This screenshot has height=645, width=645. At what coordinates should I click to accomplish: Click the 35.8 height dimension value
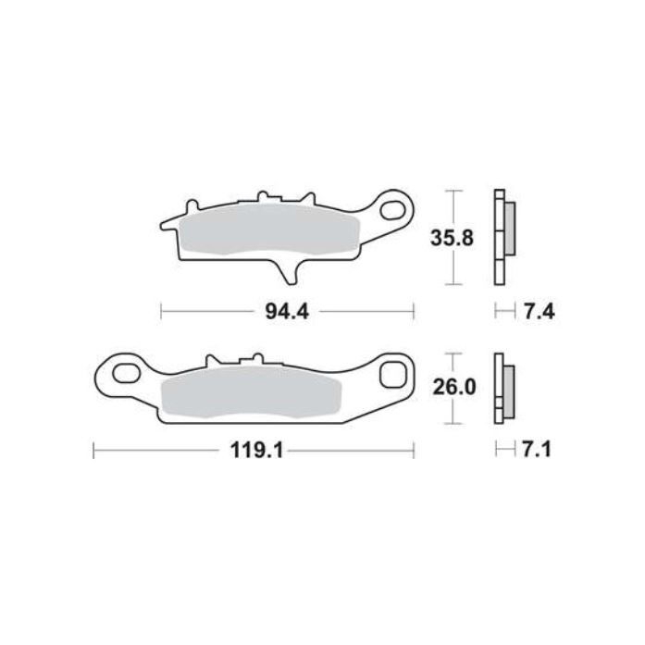click(453, 238)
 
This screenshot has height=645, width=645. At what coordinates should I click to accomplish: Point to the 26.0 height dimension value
click(455, 388)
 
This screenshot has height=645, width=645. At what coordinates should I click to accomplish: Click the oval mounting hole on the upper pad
click(397, 208)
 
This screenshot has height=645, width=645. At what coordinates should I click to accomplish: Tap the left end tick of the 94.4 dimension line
click(162, 312)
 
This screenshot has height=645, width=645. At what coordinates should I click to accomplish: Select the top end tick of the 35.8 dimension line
click(453, 191)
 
